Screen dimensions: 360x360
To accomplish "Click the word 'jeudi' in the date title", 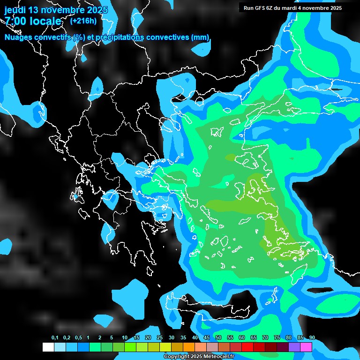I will pos(15,9).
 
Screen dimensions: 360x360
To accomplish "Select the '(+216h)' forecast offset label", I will pos(83,21).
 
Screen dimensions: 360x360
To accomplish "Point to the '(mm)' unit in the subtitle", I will pos(200,37).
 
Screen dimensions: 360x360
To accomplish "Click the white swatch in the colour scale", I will pos(48,347).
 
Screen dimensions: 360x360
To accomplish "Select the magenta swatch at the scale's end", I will pos(306,347).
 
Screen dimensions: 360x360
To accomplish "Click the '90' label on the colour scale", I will pos(312,337).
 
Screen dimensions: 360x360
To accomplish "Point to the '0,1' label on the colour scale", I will pos(54,337).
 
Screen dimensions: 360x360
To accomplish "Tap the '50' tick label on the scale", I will pos(218,337).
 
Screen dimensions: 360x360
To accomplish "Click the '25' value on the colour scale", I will pos(160,337).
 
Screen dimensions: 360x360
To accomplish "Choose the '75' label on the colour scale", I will pos(277,337).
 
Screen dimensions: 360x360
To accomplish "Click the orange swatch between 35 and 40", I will pos(188,347).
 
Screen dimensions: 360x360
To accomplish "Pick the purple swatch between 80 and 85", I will pos(294,347).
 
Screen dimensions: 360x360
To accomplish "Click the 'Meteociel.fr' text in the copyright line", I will pos(218,356).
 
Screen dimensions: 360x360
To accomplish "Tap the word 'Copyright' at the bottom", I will pos(176,356).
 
